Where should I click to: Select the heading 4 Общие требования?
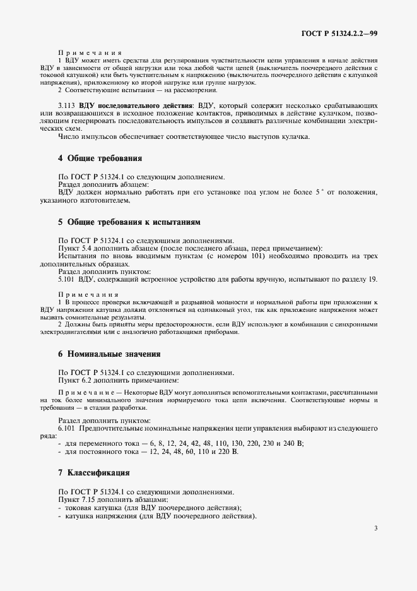coord(100,158)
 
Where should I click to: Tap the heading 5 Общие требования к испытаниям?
coord(129,222)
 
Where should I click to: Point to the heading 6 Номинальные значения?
coord(109,354)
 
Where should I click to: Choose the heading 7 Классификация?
coord(94,472)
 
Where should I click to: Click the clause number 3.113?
coord(68,105)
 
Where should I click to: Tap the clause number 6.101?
coord(68,429)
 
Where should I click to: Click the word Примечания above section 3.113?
coord(85,53)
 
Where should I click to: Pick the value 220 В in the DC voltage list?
coord(227,452)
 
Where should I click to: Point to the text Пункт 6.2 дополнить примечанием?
coord(119,380)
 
